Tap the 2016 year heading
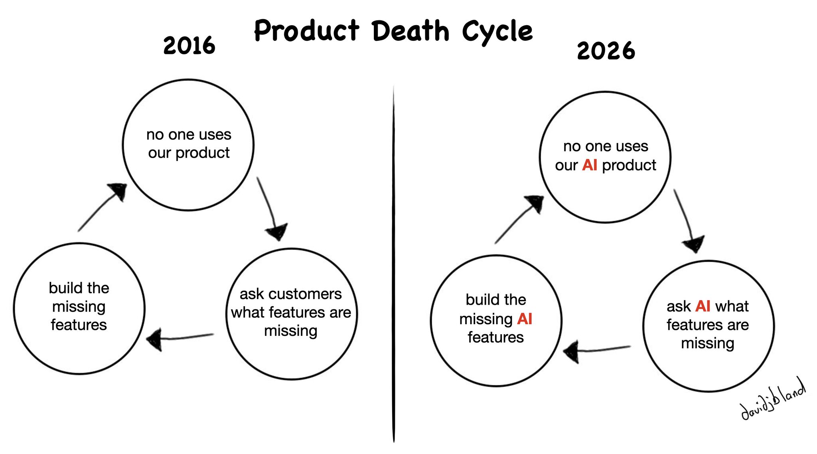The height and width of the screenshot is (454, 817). tap(189, 46)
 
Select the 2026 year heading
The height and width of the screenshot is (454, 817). tap(606, 51)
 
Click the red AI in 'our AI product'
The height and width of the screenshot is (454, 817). tap(590, 165)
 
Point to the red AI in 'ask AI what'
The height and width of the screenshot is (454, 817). tap(703, 306)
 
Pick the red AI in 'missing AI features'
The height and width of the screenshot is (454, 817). tap(525, 319)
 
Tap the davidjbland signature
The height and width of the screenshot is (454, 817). tap(773, 400)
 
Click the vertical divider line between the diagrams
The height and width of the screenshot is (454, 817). tap(394, 264)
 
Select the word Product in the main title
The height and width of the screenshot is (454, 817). tap(306, 31)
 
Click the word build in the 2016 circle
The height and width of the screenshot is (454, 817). tap(62, 288)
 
